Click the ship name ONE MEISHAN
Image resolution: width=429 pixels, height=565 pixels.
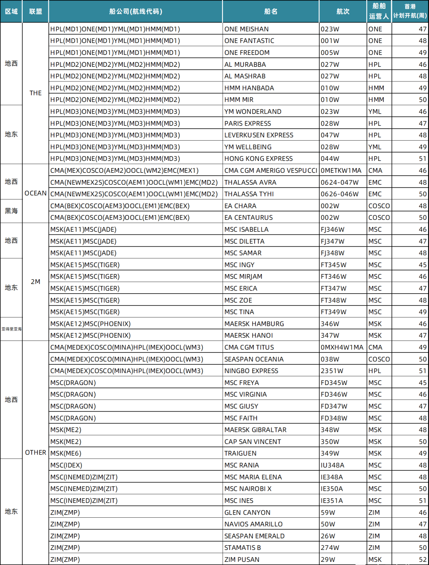pos(246,29)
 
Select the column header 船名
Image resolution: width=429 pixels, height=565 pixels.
pos(271,12)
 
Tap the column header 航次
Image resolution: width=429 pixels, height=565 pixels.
pos(343,12)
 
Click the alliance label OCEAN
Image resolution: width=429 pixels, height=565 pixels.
pos(35,193)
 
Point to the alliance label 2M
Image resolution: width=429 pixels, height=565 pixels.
pos(35,282)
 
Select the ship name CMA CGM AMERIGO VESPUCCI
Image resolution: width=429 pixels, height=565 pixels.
pos(271,170)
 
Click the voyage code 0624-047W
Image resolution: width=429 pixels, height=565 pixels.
pos(340,182)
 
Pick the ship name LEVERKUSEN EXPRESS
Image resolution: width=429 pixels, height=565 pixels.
pos(259,135)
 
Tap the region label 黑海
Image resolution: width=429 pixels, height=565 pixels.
pos(11,211)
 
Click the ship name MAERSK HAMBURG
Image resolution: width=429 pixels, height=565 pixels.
pos(254,324)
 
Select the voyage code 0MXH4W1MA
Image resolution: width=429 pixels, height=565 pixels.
pos(342,347)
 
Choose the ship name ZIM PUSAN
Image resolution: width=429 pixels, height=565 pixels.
pos(242,559)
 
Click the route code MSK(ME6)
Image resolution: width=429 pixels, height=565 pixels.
pos(66,453)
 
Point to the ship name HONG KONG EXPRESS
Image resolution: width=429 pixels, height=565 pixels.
pos(258,159)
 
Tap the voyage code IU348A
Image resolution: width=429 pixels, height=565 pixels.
pos(332,465)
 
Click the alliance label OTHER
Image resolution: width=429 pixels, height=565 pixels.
pos(35,453)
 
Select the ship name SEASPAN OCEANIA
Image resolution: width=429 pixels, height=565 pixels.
pos(254,359)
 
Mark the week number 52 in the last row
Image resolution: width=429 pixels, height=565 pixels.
pos(422,559)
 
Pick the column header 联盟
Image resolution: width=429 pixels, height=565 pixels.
pos(35,12)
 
